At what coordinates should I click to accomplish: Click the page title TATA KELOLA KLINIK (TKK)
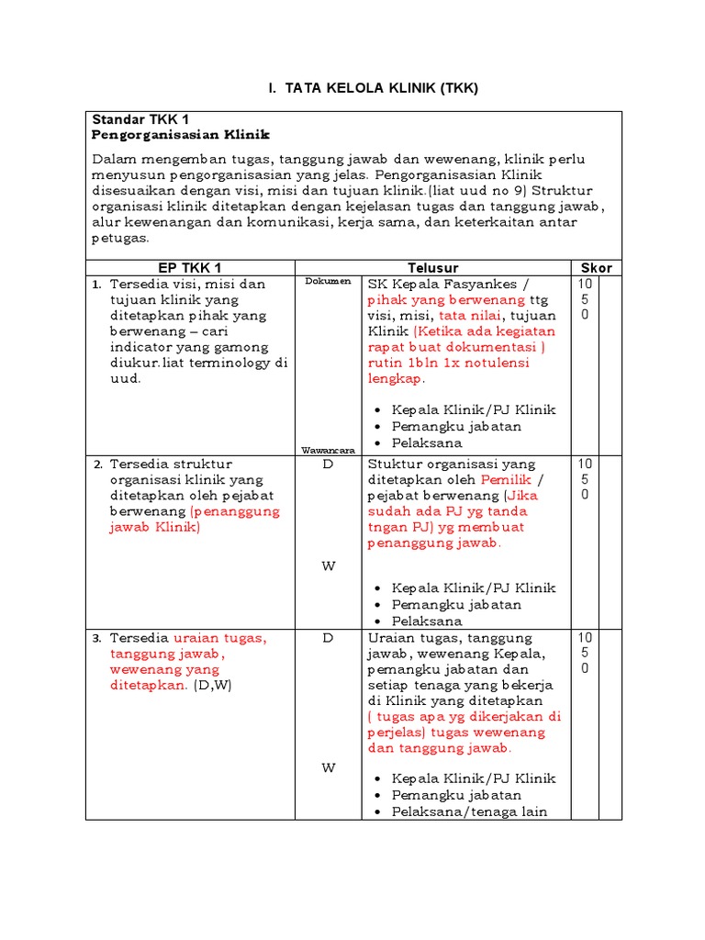tap(373, 88)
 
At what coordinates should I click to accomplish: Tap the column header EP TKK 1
tap(189, 267)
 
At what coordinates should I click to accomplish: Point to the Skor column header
tap(596, 267)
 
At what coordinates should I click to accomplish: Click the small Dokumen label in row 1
tap(328, 282)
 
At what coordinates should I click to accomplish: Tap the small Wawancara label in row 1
tap(328, 450)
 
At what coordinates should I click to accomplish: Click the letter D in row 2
tap(328, 464)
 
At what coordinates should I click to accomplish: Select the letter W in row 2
tap(328, 565)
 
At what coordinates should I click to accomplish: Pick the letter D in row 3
tap(328, 638)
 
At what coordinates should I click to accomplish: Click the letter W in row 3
tap(328, 768)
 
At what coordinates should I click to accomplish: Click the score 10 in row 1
tap(585, 284)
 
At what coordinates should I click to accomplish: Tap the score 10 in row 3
tap(585, 638)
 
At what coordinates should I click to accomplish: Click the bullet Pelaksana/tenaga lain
tap(469, 811)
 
